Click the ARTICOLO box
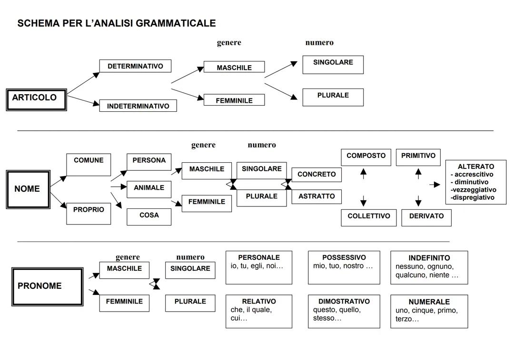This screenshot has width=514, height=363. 36,99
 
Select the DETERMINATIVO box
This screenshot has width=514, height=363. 135,66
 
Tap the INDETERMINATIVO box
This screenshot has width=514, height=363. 138,106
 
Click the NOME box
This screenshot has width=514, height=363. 28,189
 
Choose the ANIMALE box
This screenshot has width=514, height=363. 149,189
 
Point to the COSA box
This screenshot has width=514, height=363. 149,216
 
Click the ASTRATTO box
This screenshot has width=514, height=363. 316,196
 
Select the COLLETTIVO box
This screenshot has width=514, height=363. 368,217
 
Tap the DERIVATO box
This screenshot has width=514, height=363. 426,217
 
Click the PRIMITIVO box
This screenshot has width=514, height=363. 418,157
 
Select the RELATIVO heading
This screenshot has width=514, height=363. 259,301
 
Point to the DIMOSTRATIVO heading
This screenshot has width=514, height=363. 344,301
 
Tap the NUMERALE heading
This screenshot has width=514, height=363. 429,302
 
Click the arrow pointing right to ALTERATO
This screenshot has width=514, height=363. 435,185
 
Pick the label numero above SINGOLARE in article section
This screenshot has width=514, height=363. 319,43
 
